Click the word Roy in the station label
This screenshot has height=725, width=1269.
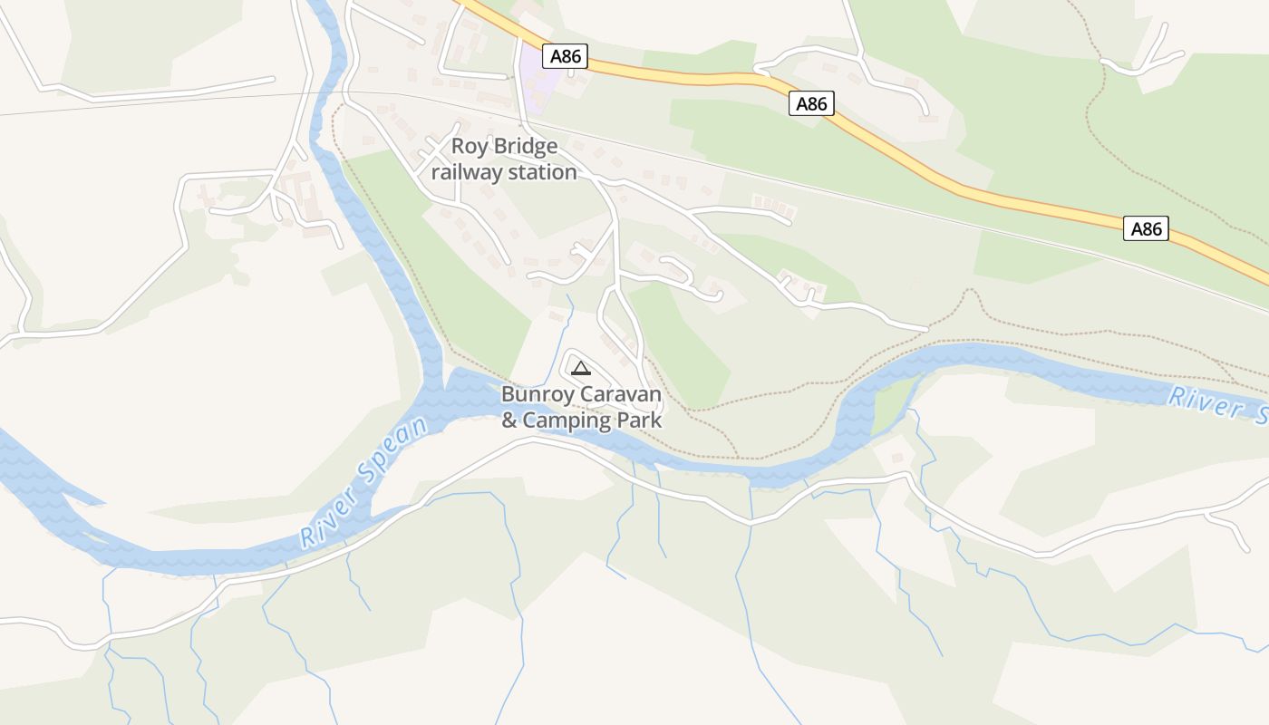469,146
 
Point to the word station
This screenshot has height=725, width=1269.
542,172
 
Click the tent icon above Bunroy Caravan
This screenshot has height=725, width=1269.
581,368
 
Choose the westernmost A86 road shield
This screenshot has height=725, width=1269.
566,56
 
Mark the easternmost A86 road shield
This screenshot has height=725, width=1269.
1146,228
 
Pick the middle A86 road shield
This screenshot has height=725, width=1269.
811,103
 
